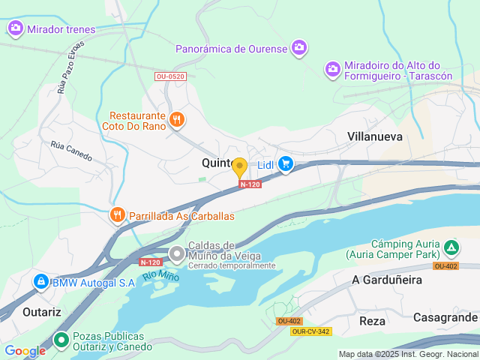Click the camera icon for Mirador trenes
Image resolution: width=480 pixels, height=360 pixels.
(16, 29)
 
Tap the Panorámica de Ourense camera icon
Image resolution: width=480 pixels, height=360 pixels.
(299, 48)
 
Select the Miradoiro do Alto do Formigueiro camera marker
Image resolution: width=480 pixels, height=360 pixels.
(333, 69)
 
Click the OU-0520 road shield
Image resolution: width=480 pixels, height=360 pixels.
(170, 76)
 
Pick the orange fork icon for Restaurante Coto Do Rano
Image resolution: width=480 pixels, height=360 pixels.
(177, 119)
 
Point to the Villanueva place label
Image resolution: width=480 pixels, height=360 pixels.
(375, 136)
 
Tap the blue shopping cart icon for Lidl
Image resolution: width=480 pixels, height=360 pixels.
(286, 163)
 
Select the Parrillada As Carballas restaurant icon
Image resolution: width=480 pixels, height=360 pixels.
(117, 216)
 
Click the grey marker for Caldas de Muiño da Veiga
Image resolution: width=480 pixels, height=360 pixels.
(176, 253)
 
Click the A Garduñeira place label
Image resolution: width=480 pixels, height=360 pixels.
(386, 280)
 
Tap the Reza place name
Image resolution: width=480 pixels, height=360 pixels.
(372, 320)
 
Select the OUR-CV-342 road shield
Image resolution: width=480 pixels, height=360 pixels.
(311, 331)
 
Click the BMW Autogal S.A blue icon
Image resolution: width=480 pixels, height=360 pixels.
(40, 282)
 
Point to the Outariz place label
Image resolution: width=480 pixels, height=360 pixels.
(41, 311)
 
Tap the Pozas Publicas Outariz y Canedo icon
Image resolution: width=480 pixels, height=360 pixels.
(61, 340)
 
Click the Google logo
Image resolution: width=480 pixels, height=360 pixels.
(25, 350)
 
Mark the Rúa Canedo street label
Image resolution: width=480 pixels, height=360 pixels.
(71, 151)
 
